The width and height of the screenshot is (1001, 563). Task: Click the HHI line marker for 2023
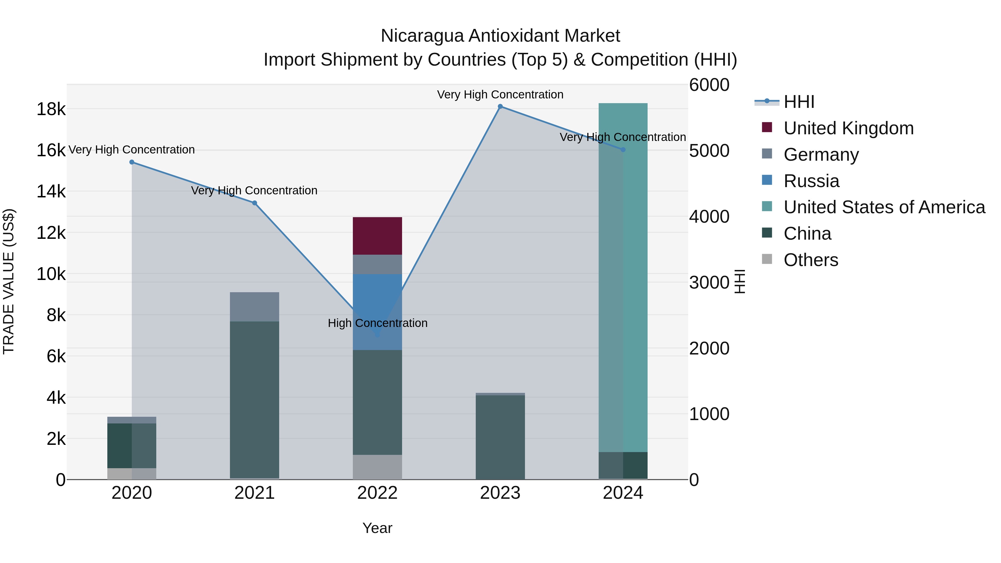pos(500,106)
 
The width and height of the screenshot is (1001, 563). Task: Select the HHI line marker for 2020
pos(132,162)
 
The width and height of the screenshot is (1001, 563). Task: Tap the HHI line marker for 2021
pos(254,203)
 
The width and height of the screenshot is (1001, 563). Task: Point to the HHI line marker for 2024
pos(623,150)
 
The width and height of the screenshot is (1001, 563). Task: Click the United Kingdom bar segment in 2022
pos(377,236)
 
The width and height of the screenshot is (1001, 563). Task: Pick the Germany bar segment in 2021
pos(254,307)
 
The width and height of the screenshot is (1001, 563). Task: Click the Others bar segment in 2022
pos(377,467)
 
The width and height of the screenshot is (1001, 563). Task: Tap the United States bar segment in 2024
pos(623,277)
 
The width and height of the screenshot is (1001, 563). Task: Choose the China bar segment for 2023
pos(500,437)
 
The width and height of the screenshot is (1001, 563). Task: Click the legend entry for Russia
pos(811,181)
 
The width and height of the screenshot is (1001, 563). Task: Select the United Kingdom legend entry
pos(848,128)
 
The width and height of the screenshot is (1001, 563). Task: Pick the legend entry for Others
pos(811,260)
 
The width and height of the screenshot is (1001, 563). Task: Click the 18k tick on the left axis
pos(51,109)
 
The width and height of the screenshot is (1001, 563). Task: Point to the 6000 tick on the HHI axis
pos(709,85)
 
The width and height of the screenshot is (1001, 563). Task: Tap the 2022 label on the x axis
pos(377,493)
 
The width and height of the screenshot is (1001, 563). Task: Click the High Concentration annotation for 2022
pos(377,323)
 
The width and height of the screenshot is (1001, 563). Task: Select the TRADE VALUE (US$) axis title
pos(9,281)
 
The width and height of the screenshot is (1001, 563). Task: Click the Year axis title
pos(377,528)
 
